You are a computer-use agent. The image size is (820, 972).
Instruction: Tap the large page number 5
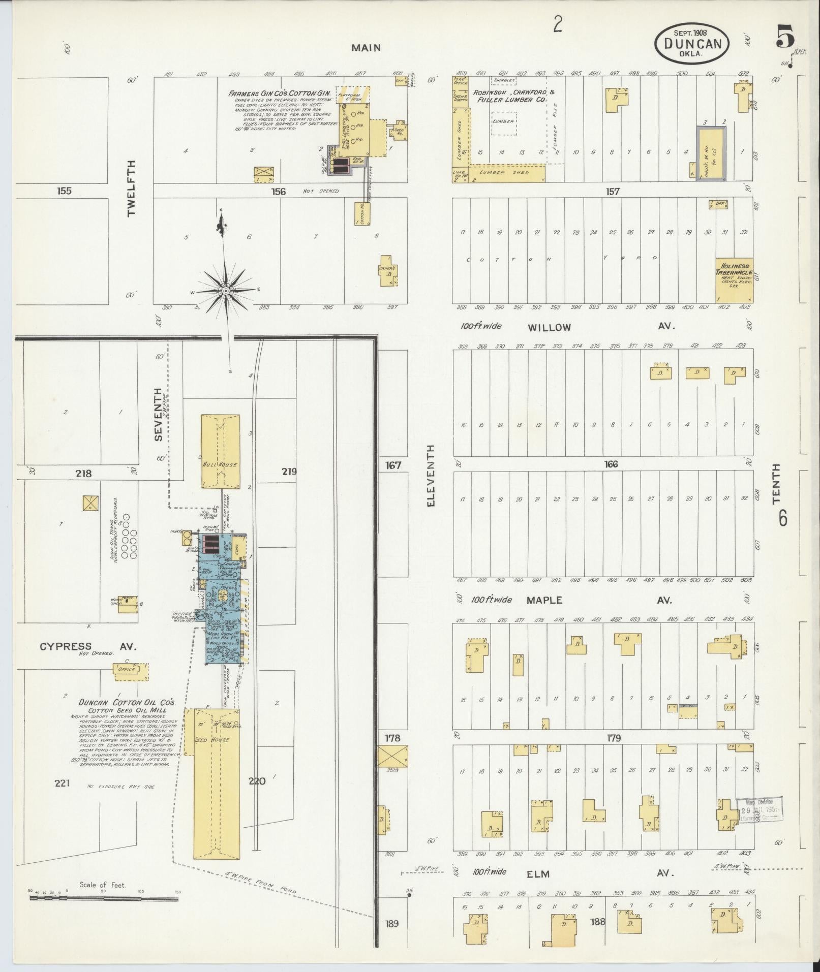785,38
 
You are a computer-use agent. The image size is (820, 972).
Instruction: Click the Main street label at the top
366,48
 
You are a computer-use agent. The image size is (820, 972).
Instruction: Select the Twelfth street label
132,189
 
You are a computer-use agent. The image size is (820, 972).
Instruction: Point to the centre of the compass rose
225,291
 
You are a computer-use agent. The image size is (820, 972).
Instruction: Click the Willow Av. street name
549,328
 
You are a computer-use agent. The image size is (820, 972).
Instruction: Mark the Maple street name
544,600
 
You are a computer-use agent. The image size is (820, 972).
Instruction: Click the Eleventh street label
431,475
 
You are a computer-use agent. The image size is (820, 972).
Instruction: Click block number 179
614,738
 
